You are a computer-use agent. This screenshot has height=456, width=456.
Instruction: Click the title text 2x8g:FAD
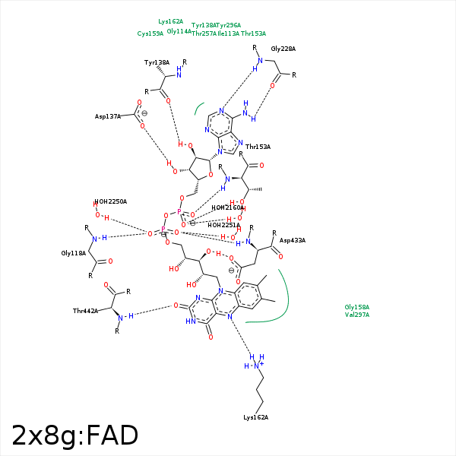tap(74, 435)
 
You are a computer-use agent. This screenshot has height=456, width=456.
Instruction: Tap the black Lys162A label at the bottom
tap(255, 417)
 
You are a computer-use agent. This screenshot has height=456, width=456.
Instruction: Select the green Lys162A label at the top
tap(170, 22)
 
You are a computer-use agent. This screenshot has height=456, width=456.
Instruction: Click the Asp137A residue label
tap(108, 116)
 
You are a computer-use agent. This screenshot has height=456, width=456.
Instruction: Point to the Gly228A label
tap(283, 49)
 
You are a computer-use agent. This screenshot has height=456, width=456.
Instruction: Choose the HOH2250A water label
tap(112, 201)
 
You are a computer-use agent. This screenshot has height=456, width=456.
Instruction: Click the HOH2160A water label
tap(227, 207)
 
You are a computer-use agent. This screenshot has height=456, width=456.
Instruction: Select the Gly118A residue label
tap(74, 253)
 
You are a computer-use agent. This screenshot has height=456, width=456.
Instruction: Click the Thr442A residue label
tap(86, 311)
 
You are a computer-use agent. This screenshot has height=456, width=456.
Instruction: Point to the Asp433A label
tap(292, 240)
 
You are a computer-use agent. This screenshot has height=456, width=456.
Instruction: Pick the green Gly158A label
tap(356, 307)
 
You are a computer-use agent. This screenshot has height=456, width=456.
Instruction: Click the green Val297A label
tap(356, 315)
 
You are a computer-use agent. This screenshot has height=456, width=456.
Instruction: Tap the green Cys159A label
tap(150, 33)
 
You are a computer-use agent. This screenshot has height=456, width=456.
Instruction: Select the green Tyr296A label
tap(229, 25)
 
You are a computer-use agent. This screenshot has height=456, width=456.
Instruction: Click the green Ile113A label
tap(228, 33)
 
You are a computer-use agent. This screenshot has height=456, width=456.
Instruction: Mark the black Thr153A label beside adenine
tap(258, 147)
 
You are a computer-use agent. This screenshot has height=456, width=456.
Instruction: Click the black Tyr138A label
tap(157, 62)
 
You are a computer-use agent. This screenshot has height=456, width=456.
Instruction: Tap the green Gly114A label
tap(179, 31)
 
